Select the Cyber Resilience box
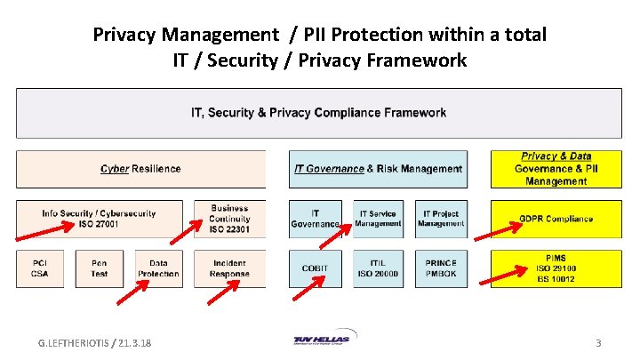click(140, 169)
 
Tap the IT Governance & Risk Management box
click(378, 169)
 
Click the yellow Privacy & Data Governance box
click(556, 169)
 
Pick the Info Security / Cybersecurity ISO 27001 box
click(99, 219)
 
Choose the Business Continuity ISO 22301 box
click(229, 219)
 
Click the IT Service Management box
click(379, 219)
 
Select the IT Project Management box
click(442, 219)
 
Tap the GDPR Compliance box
click(556, 219)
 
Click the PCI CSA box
click(40, 268)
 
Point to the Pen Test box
click(99, 268)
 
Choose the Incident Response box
click(229, 268)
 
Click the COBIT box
click(315, 268)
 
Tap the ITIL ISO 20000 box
click(379, 268)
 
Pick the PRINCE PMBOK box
click(442, 268)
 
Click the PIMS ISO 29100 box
click(556, 268)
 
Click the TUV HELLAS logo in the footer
click(321, 340)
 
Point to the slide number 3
click(598, 342)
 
